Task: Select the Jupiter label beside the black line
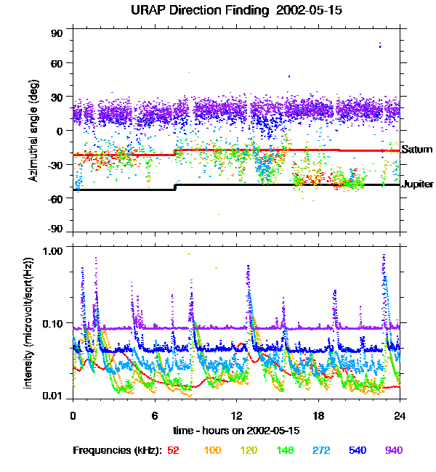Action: point(419,184)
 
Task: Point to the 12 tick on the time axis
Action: point(237,416)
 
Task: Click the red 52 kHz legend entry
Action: point(173,450)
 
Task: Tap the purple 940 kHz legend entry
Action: point(393,450)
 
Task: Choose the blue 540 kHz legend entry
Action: point(357,450)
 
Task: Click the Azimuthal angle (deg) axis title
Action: point(33,131)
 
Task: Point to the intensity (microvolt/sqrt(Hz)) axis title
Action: point(29,322)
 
